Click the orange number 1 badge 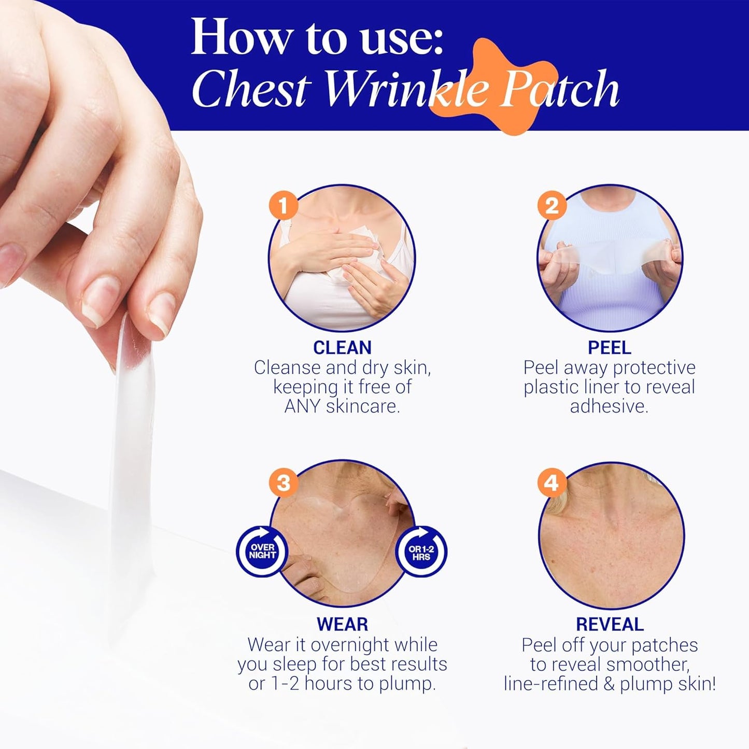pos(283,206)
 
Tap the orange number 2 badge pos(552,206)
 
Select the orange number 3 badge pos(283,483)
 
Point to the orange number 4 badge pos(552,483)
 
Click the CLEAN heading pos(342,347)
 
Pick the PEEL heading pos(609,347)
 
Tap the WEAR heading pos(342,624)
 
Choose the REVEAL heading pos(610,624)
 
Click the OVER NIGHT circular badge pos(262,551)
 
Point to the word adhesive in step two pos(609,406)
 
